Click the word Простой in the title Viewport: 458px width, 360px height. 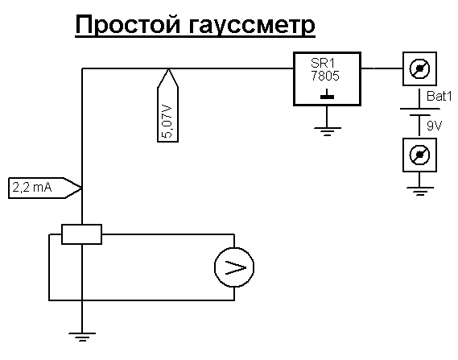[x=128, y=25]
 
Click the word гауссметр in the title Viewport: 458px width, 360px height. [x=251, y=26]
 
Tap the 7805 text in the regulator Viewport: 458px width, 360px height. [x=325, y=76]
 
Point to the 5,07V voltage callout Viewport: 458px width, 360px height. [x=168, y=106]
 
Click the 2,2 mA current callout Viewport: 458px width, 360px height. [x=45, y=188]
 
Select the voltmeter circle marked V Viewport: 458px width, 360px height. [x=234, y=267]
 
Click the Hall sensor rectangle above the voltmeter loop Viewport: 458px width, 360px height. [x=82, y=234]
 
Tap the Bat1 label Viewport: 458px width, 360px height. [x=439, y=96]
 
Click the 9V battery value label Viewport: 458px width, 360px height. [x=435, y=126]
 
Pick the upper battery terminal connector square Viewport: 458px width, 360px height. [x=419, y=68]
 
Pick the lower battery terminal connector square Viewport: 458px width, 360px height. [x=419, y=155]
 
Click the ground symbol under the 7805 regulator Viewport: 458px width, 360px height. [x=327, y=131]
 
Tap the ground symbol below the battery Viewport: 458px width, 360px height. [x=419, y=191]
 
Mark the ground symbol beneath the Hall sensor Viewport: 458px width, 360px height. [x=82, y=337]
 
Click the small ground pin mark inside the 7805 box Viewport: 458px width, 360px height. [x=327, y=94]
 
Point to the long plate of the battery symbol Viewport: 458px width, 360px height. [x=419, y=109]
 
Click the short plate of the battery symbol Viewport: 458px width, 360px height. [x=419, y=115]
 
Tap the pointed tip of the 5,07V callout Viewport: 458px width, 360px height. [x=168, y=69]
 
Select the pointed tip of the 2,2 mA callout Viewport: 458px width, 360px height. [x=81, y=188]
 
